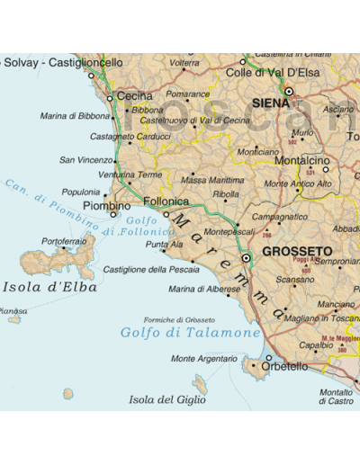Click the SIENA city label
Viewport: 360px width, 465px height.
pos(271,103)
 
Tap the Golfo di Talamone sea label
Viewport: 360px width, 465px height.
pos(190,333)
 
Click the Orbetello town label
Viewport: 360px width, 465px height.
pos(284,367)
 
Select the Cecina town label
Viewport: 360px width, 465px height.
pos(135,96)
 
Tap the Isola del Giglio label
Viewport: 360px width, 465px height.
pos(167,399)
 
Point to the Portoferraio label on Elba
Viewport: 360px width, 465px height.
pos(64,241)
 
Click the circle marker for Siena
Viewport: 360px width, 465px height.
pos(289,91)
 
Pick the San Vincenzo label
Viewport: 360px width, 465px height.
pos(85,160)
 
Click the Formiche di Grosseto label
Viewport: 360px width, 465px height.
pos(179,319)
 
